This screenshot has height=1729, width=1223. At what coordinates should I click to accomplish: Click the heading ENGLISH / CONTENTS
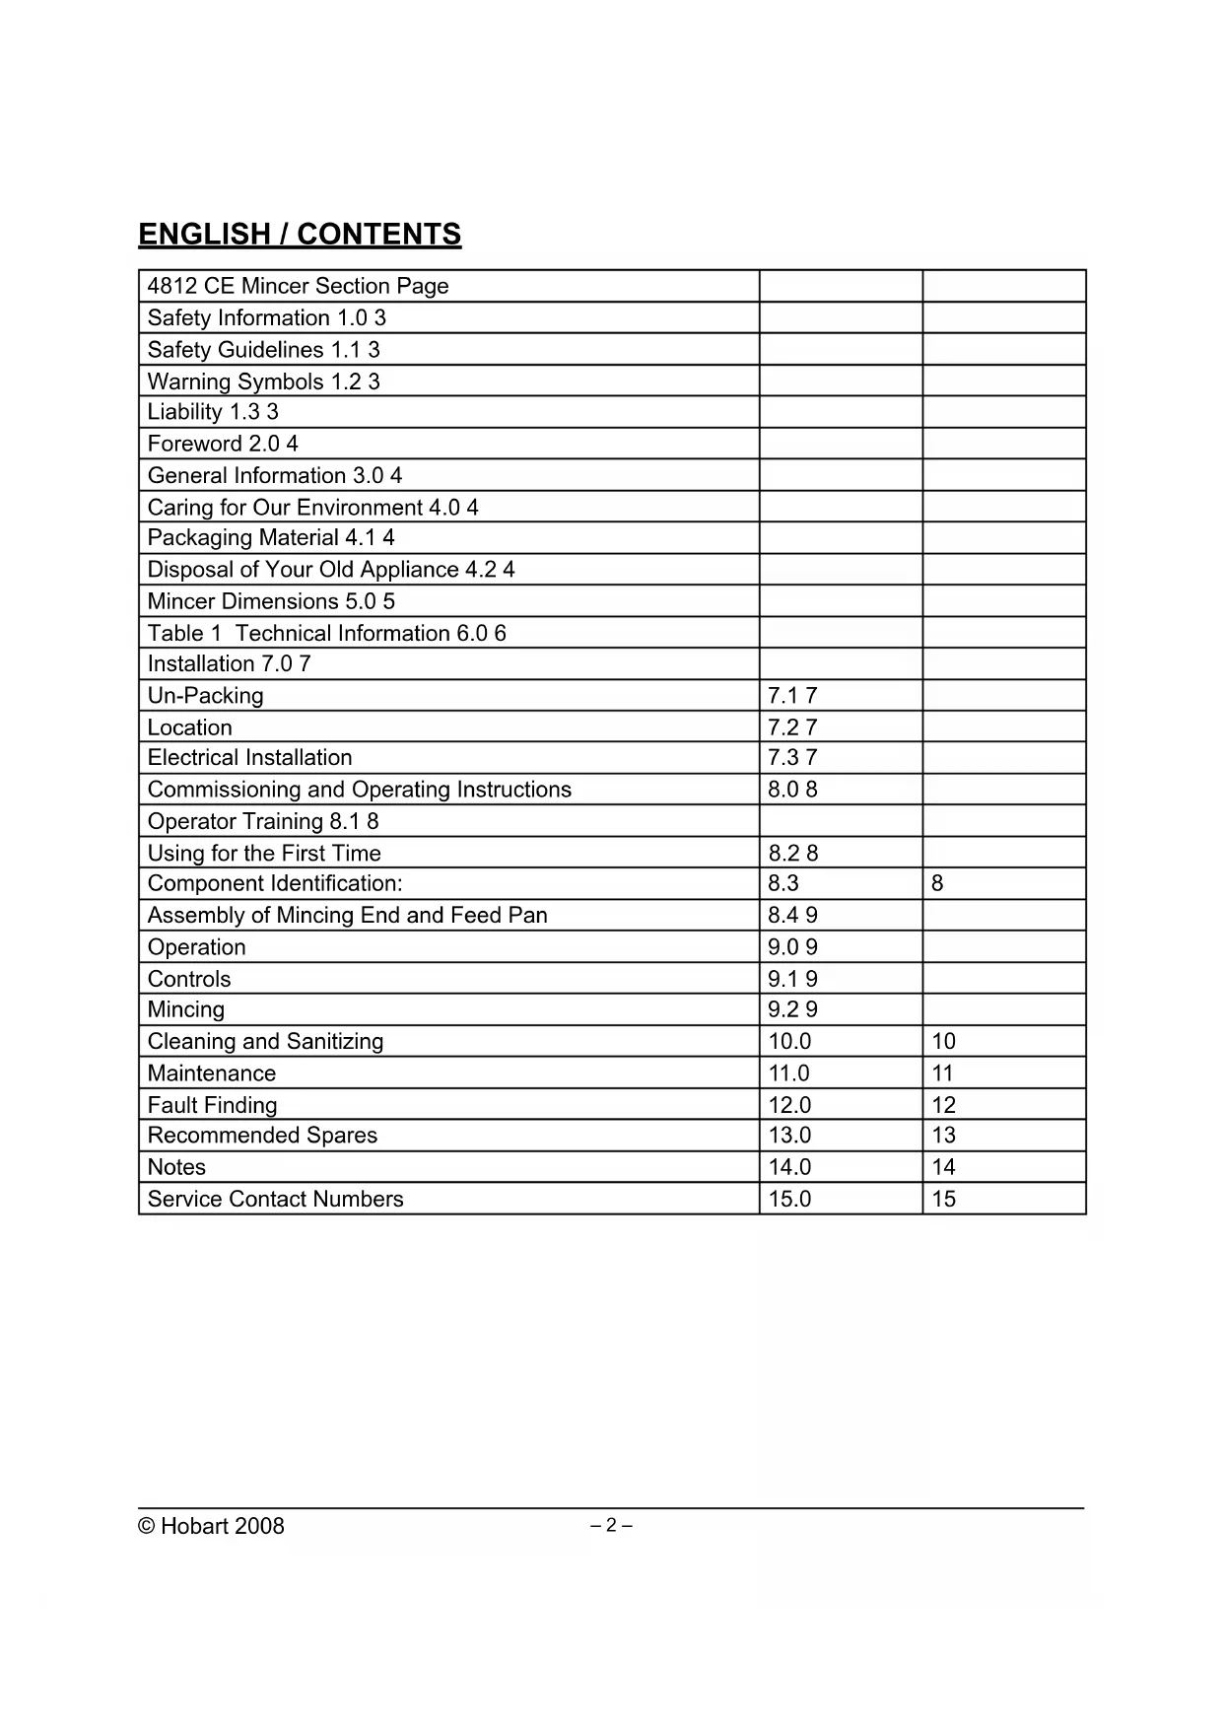click(300, 235)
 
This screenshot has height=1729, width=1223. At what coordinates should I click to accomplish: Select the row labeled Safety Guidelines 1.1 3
click(263, 350)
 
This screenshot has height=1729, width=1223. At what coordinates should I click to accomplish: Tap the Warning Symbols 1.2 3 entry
click(263, 381)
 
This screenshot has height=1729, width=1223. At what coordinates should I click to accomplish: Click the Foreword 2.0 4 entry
click(223, 444)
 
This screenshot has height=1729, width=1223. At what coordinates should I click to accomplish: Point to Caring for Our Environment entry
click(312, 508)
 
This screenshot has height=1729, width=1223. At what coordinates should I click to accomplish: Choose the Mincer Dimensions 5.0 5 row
click(271, 601)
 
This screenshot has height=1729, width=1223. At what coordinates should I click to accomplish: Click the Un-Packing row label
click(206, 696)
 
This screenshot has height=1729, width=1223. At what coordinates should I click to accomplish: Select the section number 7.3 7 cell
click(792, 758)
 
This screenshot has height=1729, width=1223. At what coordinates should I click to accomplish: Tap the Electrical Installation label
click(249, 758)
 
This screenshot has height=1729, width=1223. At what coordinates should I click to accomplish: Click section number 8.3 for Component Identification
click(783, 883)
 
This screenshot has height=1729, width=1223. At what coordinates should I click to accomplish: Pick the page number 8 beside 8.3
click(937, 883)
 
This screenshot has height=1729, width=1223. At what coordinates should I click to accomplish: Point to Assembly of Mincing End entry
click(347, 916)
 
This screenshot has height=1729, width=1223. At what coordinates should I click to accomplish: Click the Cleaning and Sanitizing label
click(265, 1042)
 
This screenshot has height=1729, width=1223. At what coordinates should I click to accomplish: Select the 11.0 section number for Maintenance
click(788, 1073)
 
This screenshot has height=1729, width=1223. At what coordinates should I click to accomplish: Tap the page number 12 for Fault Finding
click(944, 1105)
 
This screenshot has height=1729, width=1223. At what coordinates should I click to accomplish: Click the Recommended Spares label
click(262, 1136)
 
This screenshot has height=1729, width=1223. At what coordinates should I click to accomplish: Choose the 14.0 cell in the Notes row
click(789, 1167)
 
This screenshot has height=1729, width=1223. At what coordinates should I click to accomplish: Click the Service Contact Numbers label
click(275, 1200)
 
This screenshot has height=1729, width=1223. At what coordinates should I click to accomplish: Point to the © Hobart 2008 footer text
click(211, 1526)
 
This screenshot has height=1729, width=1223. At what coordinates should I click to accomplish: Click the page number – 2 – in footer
click(611, 1526)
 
